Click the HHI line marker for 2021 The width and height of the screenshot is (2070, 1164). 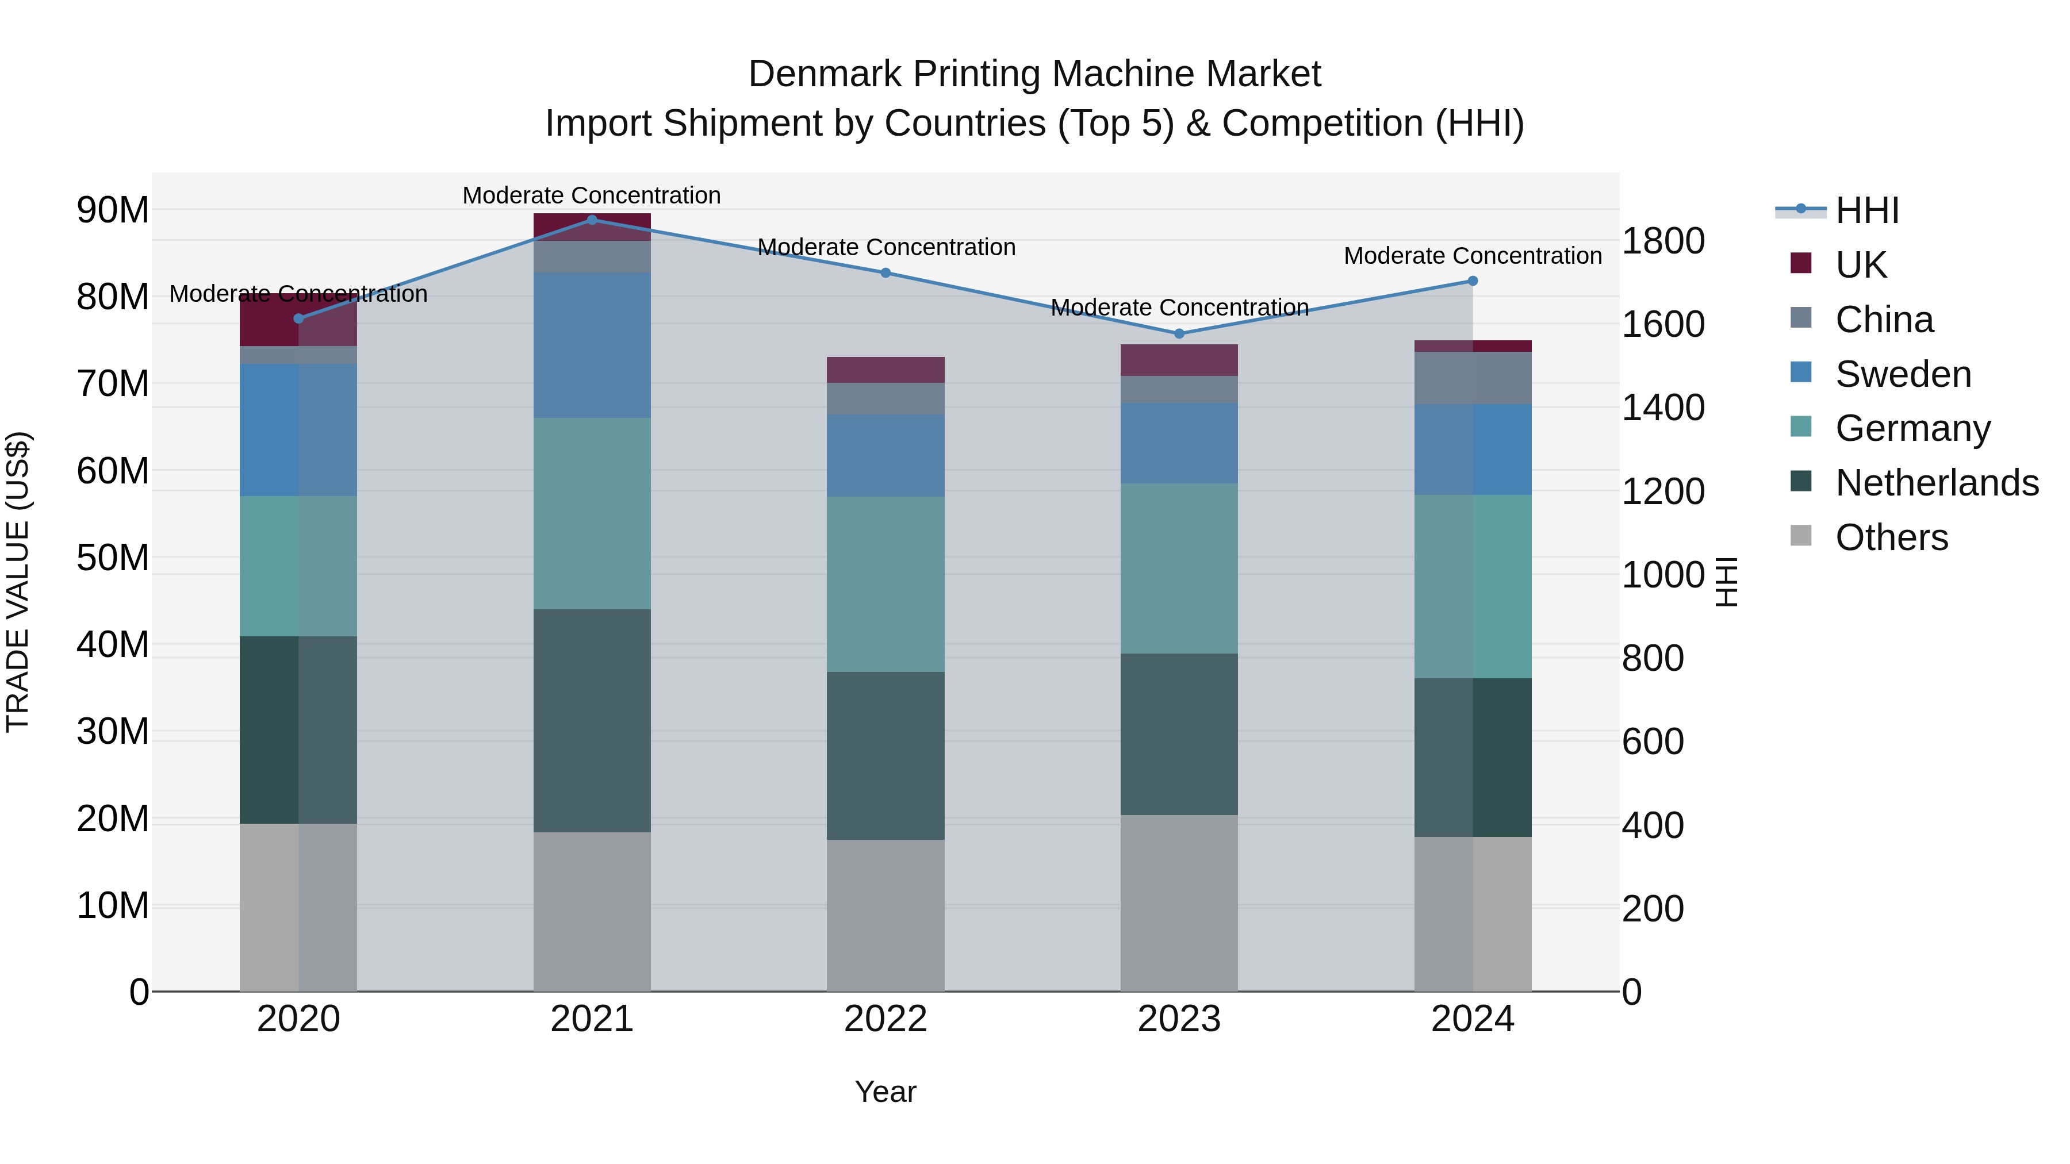pos(592,220)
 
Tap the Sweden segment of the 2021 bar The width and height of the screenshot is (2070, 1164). pos(592,345)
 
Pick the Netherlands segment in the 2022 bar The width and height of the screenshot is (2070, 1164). pos(885,755)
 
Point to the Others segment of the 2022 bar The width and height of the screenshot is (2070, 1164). pos(885,915)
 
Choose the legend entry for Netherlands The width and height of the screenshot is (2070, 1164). pos(1937,483)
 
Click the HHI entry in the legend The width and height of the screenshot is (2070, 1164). pos(1866,210)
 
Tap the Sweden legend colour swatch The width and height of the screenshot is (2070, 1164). pos(1801,372)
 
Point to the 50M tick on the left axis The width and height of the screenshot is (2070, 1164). pos(113,558)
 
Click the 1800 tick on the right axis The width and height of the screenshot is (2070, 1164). pos(1662,241)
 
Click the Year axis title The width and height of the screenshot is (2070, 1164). pos(885,1092)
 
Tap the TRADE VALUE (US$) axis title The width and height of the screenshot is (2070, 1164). pos(18,582)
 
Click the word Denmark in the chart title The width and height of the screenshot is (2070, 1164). pos(825,74)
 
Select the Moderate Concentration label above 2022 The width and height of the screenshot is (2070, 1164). pos(886,247)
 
